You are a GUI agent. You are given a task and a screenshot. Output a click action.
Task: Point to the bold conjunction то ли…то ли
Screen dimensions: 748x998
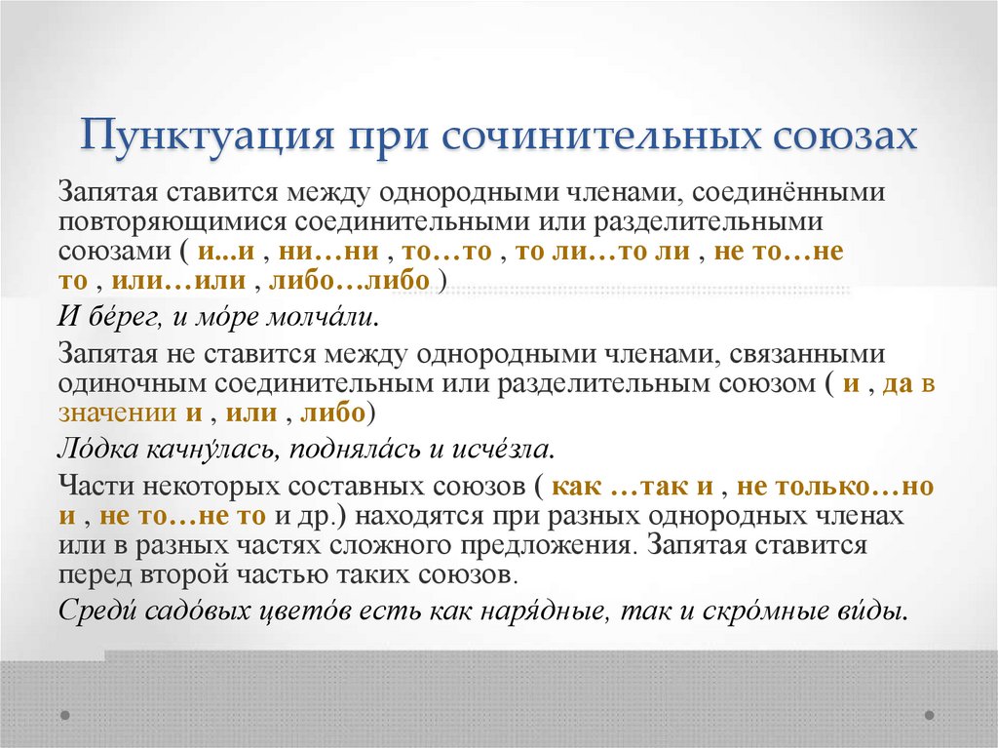point(602,251)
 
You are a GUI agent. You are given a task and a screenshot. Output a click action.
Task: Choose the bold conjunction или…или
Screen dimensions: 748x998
point(175,281)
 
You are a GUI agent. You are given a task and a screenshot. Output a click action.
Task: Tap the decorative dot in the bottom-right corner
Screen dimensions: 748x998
point(930,715)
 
